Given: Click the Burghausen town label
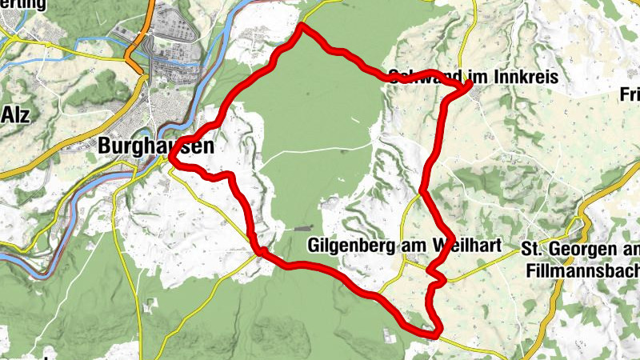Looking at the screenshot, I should tap(146, 146).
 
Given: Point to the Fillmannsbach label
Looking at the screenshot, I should tap(582, 271).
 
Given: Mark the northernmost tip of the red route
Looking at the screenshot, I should tap(302, 26).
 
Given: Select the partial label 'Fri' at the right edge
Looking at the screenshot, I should tap(630, 94).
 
